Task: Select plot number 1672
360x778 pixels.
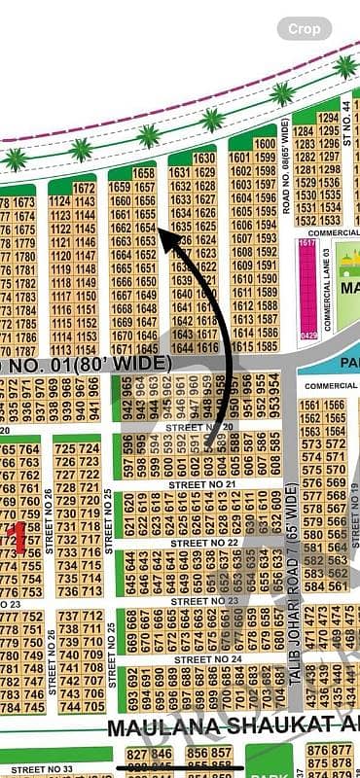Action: [85, 188]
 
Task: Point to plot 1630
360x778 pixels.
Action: [204, 158]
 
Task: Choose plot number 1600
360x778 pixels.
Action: [265, 144]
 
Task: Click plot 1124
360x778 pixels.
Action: [60, 201]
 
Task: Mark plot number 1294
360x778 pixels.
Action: [328, 118]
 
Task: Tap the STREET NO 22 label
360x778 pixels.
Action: [204, 543]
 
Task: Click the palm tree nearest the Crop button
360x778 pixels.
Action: [345, 66]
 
